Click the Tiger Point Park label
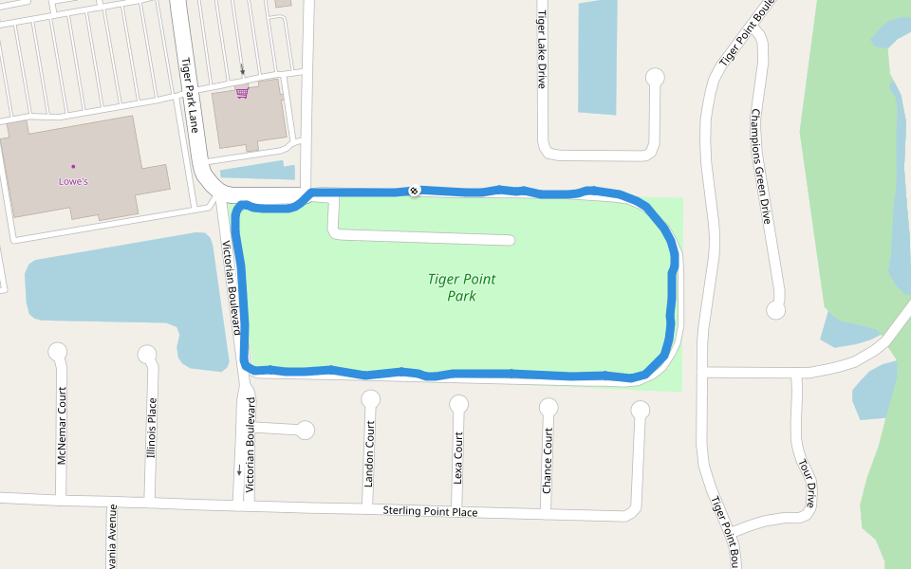(x=461, y=287)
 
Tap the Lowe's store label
(x=73, y=180)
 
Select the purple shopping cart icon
(x=242, y=93)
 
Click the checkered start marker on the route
(x=414, y=191)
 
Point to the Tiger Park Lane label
(x=189, y=95)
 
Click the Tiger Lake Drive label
(x=542, y=49)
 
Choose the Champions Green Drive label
(x=761, y=166)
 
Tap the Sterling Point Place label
(x=430, y=511)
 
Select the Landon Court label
(x=369, y=453)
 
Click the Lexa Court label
(x=458, y=458)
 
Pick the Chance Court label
(x=548, y=460)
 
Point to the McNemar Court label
(x=63, y=426)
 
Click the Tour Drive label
(x=808, y=484)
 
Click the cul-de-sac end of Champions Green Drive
(x=776, y=309)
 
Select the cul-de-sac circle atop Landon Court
(x=370, y=399)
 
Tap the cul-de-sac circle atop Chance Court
(x=548, y=408)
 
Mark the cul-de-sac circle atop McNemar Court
(x=58, y=352)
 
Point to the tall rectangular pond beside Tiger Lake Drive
(x=598, y=57)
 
